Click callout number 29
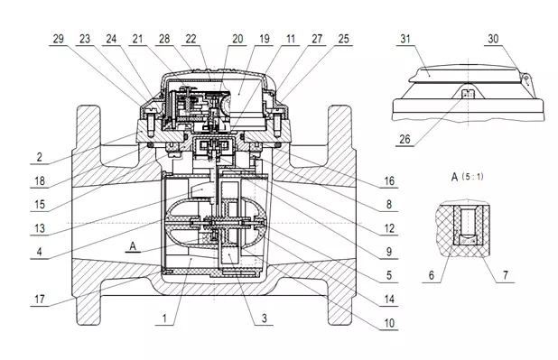pyautogui.click(x=59, y=39)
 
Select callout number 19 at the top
pyautogui.click(x=265, y=39)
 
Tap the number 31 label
pyautogui.click(x=405, y=39)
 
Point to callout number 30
pyautogui.click(x=493, y=39)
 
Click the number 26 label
pyautogui.click(x=405, y=139)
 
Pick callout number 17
pyautogui.click(x=40, y=300)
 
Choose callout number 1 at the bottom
pyautogui.click(x=164, y=318)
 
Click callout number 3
pyautogui.click(x=264, y=318)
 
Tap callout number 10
pyautogui.click(x=389, y=323)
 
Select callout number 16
pyautogui.click(x=389, y=181)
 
